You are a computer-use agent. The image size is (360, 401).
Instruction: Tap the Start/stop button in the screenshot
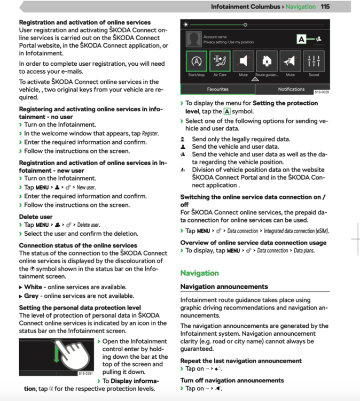(x=197, y=61)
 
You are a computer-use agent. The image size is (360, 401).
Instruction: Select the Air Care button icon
(x=220, y=61)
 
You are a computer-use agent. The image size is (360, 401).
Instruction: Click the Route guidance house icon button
(x=267, y=61)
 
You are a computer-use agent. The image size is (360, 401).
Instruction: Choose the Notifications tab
(x=291, y=89)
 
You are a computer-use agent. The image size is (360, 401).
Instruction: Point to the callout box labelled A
(x=302, y=39)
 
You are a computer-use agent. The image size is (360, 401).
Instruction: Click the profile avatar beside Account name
(x=194, y=39)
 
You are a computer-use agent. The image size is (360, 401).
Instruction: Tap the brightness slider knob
(x=245, y=25)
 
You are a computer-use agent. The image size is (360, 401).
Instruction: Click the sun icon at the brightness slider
(x=186, y=25)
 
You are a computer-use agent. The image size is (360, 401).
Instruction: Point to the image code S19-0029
(x=321, y=92)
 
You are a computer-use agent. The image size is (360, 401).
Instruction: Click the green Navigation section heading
(x=199, y=273)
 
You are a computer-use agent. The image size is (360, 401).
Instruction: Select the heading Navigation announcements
(x=224, y=287)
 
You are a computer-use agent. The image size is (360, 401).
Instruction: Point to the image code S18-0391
(x=85, y=373)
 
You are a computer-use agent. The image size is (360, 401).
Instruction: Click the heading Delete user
(x=36, y=217)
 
